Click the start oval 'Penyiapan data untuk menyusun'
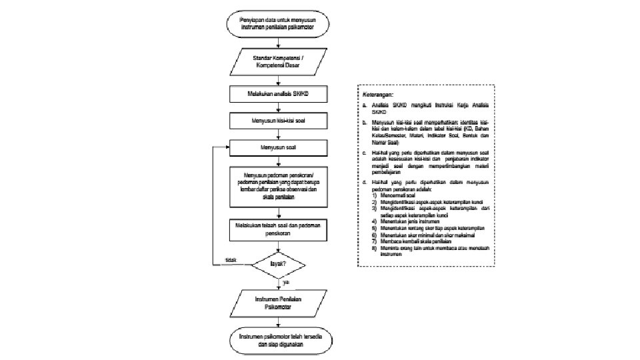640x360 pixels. (x=278, y=23)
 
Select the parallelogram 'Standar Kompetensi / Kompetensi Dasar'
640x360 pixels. (x=278, y=62)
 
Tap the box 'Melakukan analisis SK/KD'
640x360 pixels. (x=278, y=96)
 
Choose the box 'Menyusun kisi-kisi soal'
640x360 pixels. (x=278, y=121)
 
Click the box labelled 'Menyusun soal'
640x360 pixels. (x=278, y=147)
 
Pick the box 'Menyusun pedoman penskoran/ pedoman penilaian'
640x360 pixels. (x=278, y=186)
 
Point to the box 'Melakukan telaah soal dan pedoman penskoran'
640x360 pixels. (x=278, y=230)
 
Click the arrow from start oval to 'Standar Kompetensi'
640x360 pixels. (x=278, y=41)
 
